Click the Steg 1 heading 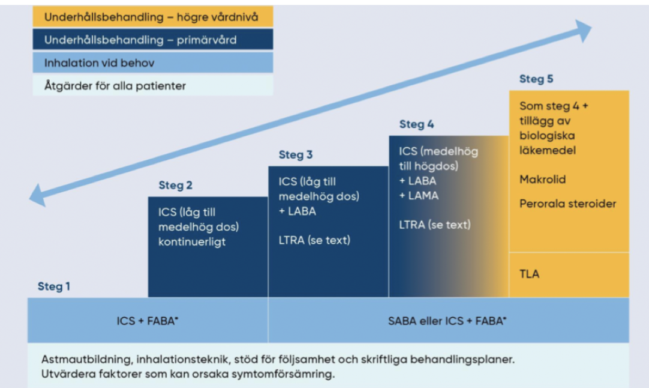click(54, 286)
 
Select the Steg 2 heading click(175, 186)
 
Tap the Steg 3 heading click(295, 155)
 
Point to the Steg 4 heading click(416, 124)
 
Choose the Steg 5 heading click(536, 79)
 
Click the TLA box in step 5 click(529, 274)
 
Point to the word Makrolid click(542, 180)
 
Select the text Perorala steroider click(567, 204)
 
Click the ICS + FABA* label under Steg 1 click(148, 321)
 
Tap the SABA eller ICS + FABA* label click(447, 321)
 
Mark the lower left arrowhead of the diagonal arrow click(38, 196)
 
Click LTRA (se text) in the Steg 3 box click(314, 240)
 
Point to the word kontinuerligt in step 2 click(192, 243)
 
